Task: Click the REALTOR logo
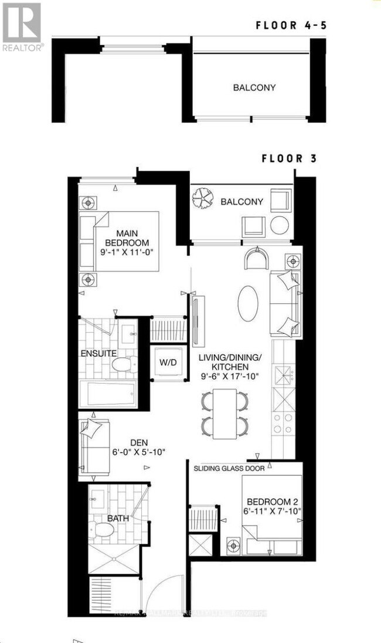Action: pyautogui.click(x=22, y=26)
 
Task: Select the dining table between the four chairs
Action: pyautogui.click(x=224, y=414)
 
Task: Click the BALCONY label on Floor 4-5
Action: pyautogui.click(x=254, y=87)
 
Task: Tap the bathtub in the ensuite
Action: pyautogui.click(x=108, y=393)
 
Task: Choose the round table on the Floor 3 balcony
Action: pyautogui.click(x=279, y=225)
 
